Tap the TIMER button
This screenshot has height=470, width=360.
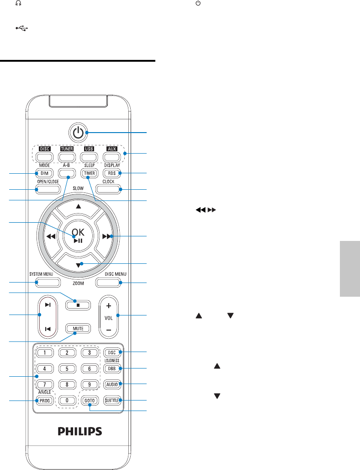[x=89, y=173]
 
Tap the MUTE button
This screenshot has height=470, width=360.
[x=78, y=328]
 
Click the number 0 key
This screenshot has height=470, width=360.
[x=67, y=400]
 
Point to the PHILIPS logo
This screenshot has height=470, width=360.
[x=79, y=431]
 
